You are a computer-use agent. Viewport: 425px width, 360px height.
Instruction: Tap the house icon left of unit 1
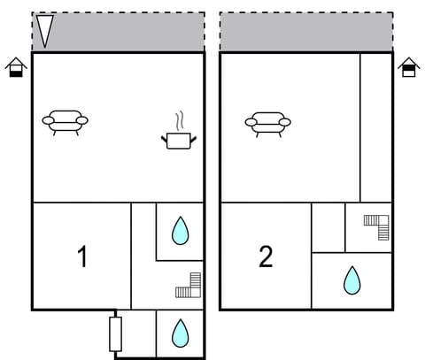(x=16, y=67)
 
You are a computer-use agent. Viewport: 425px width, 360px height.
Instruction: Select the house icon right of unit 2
(x=408, y=67)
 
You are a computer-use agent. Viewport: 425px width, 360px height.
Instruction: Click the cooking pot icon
(x=178, y=139)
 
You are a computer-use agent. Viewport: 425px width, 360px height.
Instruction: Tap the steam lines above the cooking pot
(x=179, y=119)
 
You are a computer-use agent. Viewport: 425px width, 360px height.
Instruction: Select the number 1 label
(x=82, y=257)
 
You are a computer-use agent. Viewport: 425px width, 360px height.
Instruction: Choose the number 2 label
(x=266, y=257)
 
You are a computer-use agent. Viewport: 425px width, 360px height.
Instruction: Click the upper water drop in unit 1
(x=181, y=231)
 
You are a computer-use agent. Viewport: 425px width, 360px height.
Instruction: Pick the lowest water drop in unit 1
(x=181, y=333)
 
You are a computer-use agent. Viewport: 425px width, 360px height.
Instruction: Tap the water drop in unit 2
(x=352, y=280)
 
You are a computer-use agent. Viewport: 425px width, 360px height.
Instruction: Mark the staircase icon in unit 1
(x=189, y=286)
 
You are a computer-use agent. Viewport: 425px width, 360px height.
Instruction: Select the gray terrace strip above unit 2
(x=305, y=33)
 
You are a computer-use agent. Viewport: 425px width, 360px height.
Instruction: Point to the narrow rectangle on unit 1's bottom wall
(x=115, y=333)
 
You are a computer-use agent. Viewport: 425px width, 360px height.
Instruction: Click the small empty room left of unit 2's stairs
(x=328, y=227)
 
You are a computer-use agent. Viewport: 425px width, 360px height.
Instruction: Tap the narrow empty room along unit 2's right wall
(x=375, y=126)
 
